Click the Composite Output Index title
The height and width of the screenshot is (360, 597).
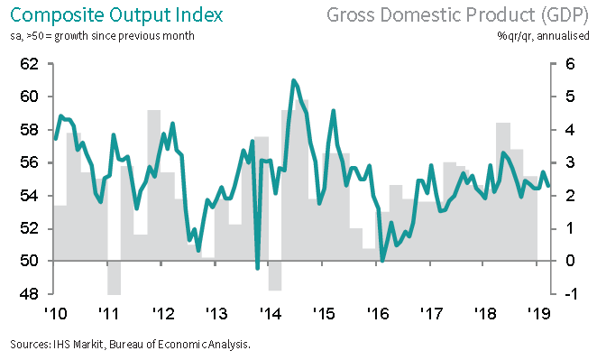(x=116, y=15)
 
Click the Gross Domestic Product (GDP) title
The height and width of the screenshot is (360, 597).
(x=457, y=15)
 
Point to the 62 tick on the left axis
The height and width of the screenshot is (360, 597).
(x=30, y=64)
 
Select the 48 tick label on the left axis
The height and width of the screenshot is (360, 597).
(x=30, y=294)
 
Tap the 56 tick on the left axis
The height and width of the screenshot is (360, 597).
(x=30, y=162)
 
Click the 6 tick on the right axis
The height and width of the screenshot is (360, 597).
(x=570, y=64)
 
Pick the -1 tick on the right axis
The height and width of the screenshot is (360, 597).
(x=569, y=294)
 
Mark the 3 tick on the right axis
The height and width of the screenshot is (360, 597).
(x=570, y=162)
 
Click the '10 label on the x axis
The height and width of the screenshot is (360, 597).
(x=56, y=313)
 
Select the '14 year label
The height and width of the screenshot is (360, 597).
(x=271, y=313)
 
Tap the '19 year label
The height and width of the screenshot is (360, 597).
(x=538, y=313)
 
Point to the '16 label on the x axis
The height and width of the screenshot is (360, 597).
(x=378, y=313)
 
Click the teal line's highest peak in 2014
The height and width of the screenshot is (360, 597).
(x=293, y=80)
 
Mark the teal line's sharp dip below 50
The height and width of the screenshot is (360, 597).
(x=257, y=268)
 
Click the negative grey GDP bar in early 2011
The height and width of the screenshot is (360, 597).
(x=115, y=278)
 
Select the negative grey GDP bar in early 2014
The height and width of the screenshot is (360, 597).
(x=275, y=276)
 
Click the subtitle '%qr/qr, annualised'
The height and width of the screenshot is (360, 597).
(x=543, y=36)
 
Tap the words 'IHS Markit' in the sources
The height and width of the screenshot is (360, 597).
(x=78, y=345)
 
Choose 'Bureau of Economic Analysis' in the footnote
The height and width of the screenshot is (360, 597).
(x=179, y=345)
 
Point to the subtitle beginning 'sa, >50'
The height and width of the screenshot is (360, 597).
(x=102, y=36)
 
